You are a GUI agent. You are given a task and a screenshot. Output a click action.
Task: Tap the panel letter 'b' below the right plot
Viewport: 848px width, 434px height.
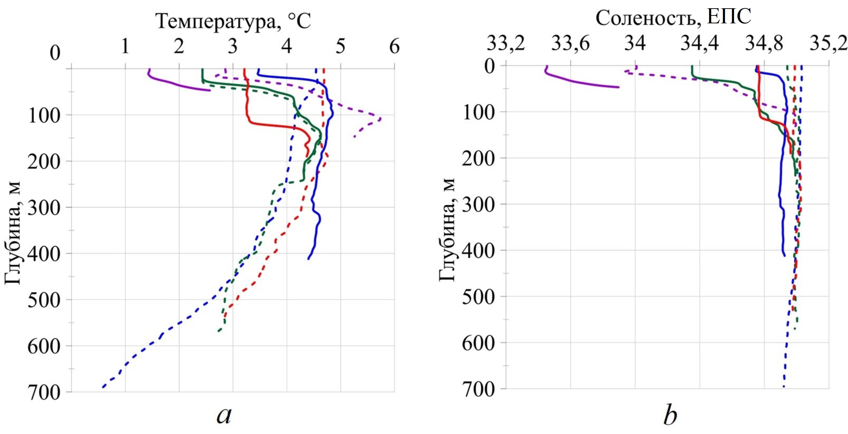(x=670, y=416)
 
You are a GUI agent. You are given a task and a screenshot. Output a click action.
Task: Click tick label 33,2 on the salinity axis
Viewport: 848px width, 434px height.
(x=506, y=43)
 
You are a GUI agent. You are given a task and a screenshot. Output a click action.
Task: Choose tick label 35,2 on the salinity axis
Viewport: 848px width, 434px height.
(x=828, y=43)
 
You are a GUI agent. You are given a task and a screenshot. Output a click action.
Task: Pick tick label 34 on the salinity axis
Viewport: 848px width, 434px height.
(x=635, y=43)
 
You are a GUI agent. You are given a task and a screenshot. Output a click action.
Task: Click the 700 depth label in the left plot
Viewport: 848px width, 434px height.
(x=44, y=393)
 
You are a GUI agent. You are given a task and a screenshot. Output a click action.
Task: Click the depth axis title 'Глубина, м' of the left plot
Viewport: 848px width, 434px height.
(x=12, y=232)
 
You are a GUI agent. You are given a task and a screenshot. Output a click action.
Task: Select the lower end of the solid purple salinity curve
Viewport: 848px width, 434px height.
(x=619, y=87)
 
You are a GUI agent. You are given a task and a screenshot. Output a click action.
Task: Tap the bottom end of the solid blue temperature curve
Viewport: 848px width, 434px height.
(x=308, y=259)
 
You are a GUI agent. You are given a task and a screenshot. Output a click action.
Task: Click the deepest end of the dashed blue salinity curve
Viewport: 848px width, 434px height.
(x=784, y=386)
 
